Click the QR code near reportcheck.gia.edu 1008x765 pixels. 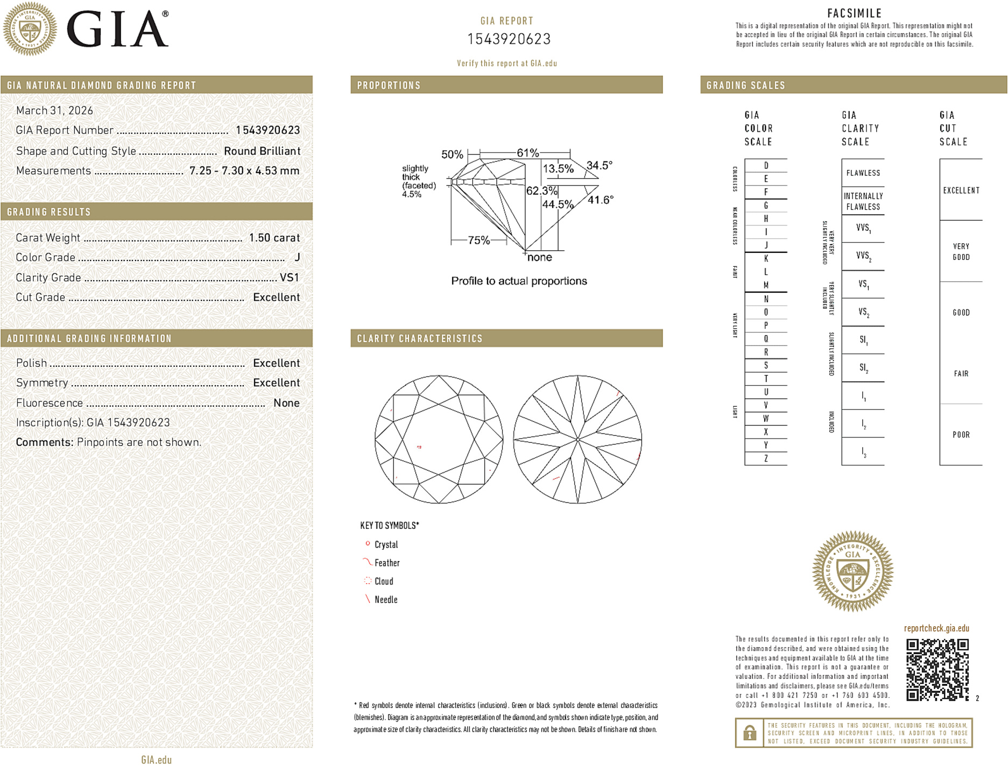pyautogui.click(x=937, y=669)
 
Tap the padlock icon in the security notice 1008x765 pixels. pyautogui.click(x=749, y=733)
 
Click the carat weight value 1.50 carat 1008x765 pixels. pyautogui.click(x=274, y=238)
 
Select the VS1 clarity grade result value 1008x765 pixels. pyautogui.click(x=289, y=278)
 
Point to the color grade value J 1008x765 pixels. pyautogui.click(x=297, y=258)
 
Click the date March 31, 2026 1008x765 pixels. pyautogui.click(x=54, y=111)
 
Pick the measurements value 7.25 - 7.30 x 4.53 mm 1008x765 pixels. pyautogui.click(x=244, y=171)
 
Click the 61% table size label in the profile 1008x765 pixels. pyautogui.click(x=527, y=153)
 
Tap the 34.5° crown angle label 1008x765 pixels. pyautogui.click(x=599, y=165)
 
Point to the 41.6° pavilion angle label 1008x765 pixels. pyautogui.click(x=600, y=200)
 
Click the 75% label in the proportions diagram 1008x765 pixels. pyautogui.click(x=478, y=240)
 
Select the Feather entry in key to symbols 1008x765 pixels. pyautogui.click(x=387, y=563)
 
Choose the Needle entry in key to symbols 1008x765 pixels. pyautogui.click(x=386, y=600)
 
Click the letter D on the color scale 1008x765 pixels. pyautogui.click(x=766, y=166)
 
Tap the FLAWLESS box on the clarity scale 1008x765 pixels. pyautogui.click(x=863, y=173)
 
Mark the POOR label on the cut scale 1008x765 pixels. pyautogui.click(x=961, y=435)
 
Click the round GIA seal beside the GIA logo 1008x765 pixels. pyautogui.click(x=30, y=29)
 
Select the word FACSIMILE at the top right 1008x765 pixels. pyautogui.click(x=854, y=13)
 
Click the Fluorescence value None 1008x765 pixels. pyautogui.click(x=286, y=403)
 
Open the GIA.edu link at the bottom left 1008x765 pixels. pyautogui.click(x=156, y=760)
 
